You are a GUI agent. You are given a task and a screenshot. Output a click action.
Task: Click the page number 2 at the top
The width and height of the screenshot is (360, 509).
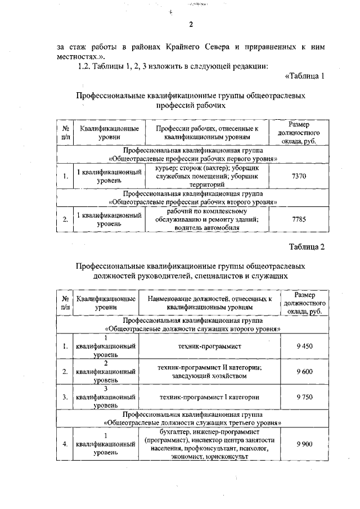[x=191, y=24]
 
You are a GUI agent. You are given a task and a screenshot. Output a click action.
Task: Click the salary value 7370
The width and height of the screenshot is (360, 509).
[x=299, y=176]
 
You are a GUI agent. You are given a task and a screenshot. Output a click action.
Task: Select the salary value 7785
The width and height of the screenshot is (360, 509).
[x=299, y=219]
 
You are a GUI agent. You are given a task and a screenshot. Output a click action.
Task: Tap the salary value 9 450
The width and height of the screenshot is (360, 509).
[x=304, y=346]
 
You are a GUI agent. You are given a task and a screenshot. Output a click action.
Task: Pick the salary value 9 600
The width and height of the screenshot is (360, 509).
[x=304, y=371]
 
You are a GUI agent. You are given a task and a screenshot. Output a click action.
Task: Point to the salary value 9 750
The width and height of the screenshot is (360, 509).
[x=304, y=397]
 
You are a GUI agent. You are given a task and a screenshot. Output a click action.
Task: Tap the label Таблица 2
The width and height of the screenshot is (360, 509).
[x=307, y=246]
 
